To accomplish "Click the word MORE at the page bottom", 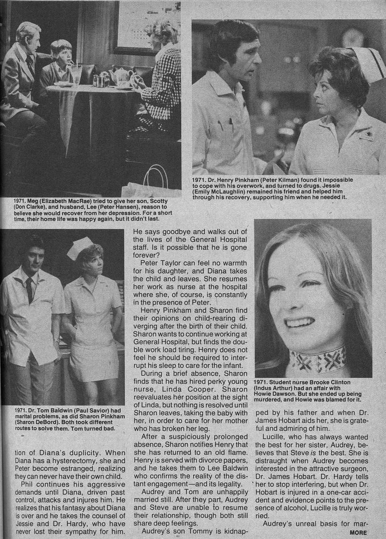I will pos(358,533).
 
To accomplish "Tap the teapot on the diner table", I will pos(121,76).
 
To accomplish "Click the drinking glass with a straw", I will pos(76,74).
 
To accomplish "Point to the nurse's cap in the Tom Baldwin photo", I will pos(80,249).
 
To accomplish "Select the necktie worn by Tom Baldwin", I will pos(29,290).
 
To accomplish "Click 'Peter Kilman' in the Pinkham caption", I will pos(287,180).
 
